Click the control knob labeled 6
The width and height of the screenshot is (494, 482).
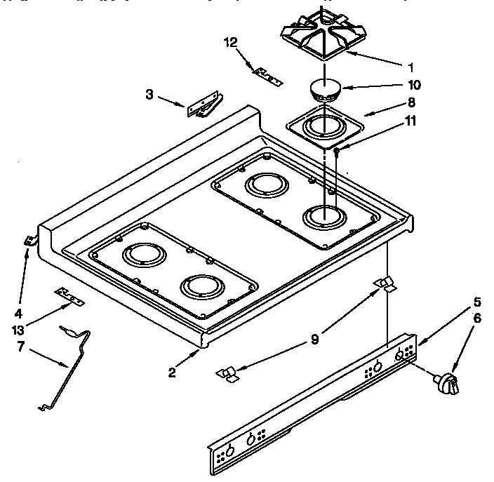447,382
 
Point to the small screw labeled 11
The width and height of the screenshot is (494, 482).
338,149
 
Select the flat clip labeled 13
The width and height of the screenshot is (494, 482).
70,296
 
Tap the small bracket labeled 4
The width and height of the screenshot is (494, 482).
29,241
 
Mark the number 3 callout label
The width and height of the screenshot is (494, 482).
149,94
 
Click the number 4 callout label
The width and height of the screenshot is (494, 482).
18,313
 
